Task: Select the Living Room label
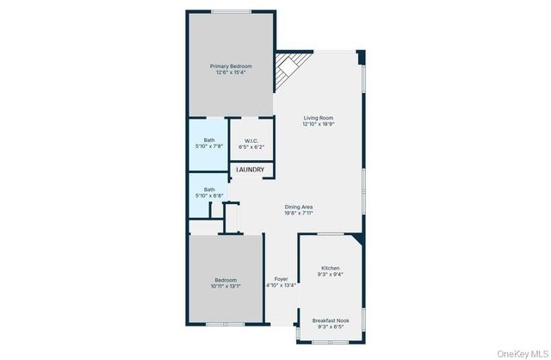point(318,117)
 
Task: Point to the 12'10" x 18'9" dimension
point(318,124)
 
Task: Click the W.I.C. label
point(251,140)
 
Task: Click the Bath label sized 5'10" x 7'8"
point(209,140)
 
